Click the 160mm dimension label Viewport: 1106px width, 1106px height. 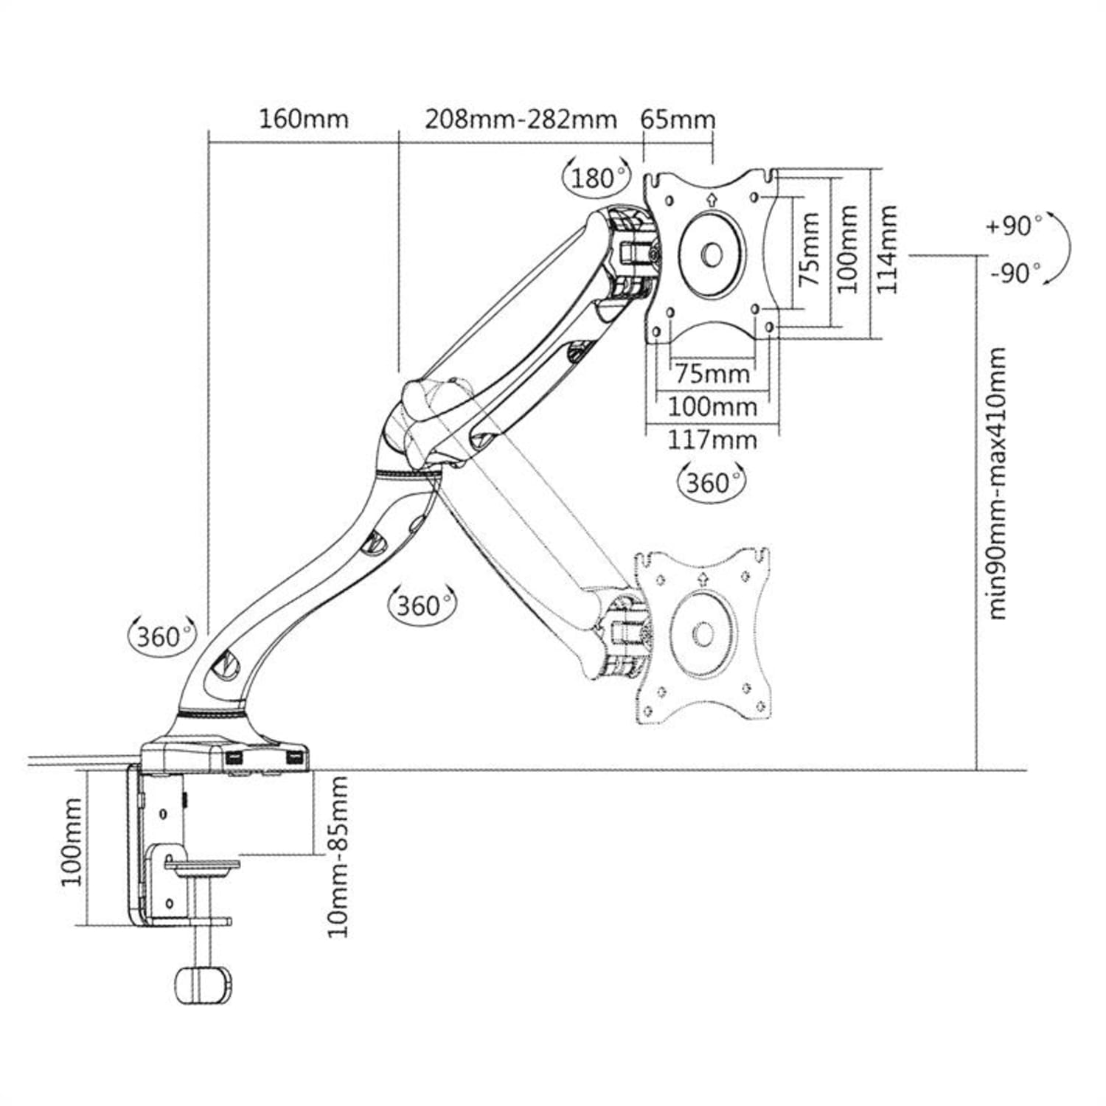click(x=303, y=119)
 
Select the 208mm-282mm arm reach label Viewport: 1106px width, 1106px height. click(x=521, y=119)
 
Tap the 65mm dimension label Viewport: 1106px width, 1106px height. click(x=678, y=119)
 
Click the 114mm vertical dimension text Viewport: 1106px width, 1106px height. click(x=887, y=250)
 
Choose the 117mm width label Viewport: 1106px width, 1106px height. click(x=712, y=440)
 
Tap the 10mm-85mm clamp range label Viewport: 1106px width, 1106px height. click(x=338, y=855)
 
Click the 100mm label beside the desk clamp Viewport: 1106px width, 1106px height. click(x=72, y=842)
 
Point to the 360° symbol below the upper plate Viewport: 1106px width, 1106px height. click(x=712, y=483)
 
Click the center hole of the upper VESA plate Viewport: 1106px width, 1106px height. click(x=712, y=255)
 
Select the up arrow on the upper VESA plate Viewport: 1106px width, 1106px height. click(x=712, y=198)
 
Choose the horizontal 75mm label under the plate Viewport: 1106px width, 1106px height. click(x=712, y=374)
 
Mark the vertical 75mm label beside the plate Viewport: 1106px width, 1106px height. click(x=810, y=249)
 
